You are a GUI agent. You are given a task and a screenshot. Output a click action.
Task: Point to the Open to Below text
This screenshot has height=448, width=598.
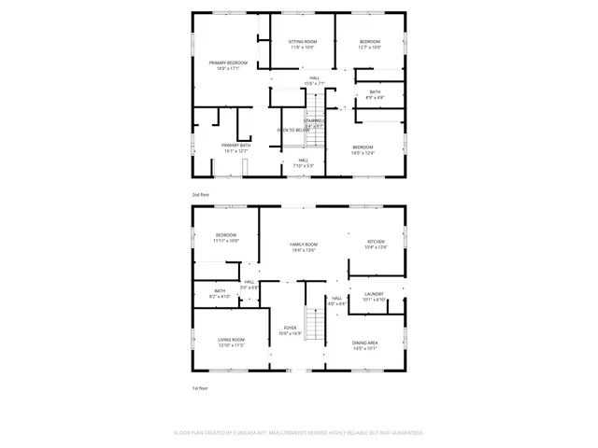click(x=292, y=130)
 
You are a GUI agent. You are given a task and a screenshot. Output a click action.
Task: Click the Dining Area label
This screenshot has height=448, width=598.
click(x=365, y=345)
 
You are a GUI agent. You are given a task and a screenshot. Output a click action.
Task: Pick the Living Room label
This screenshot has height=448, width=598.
click(x=232, y=342)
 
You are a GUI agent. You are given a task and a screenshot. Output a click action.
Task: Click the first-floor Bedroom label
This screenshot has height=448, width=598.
click(x=226, y=237)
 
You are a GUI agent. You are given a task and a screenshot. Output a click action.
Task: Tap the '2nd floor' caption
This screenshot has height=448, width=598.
click(x=201, y=194)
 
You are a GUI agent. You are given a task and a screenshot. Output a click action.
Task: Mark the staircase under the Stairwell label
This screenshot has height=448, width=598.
click(x=317, y=139)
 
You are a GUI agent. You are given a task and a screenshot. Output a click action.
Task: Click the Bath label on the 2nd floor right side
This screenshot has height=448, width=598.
click(x=375, y=93)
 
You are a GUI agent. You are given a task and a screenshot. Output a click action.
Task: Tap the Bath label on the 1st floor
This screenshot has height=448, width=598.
click(x=220, y=293)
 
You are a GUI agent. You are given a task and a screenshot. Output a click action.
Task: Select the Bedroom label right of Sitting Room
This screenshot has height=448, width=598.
click(x=370, y=44)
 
